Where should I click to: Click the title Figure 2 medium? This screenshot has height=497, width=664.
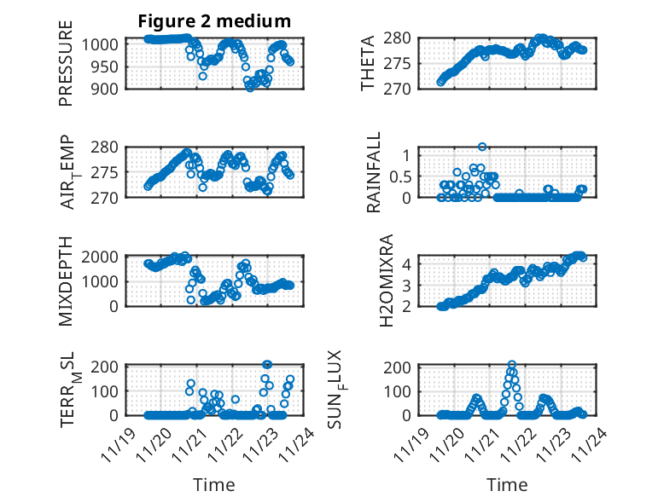pyautogui.click(x=214, y=21)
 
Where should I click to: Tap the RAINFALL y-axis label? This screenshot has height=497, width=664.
pyautogui.click(x=375, y=172)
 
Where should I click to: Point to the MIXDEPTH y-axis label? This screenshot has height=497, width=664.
pyautogui.click(x=67, y=282)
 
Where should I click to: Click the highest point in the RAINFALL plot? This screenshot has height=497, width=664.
pyautogui.click(x=482, y=147)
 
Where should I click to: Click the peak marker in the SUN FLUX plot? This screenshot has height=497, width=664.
pyautogui.click(x=512, y=365)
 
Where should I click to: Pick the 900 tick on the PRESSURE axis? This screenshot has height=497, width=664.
pyautogui.click(x=108, y=88)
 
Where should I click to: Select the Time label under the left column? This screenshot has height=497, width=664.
pyautogui.click(x=213, y=484)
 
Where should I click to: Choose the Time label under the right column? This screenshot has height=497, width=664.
pyautogui.click(x=507, y=484)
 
